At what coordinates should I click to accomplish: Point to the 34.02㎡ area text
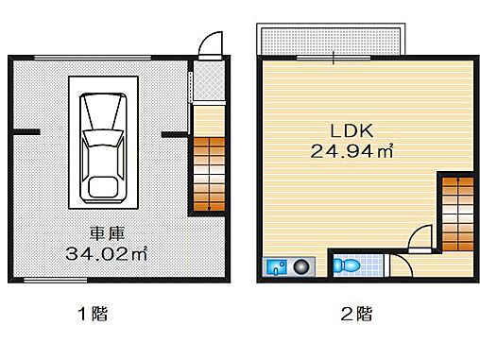coord(106,253)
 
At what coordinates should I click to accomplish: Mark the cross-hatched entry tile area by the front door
coord(207,80)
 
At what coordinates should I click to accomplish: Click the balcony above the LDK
coord(334,41)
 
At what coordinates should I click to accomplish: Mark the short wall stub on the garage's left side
coord(26,131)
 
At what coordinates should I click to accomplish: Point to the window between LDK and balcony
coord(334,58)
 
